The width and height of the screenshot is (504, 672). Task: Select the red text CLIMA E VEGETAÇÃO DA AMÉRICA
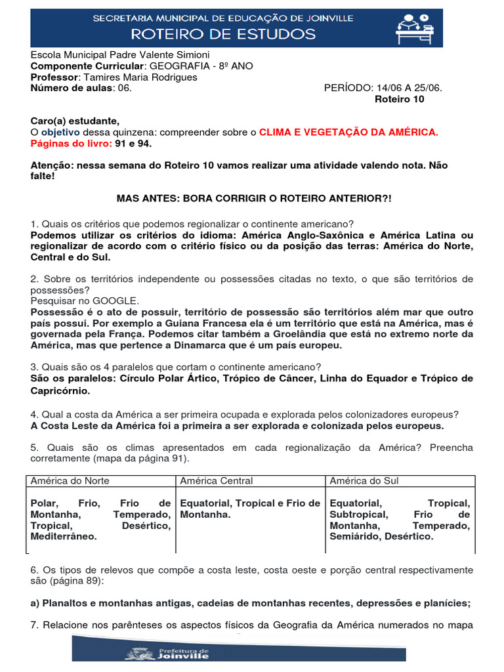coord(348,133)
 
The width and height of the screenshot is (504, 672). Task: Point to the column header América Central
coord(216,480)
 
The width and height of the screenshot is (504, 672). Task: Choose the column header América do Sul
coord(364,480)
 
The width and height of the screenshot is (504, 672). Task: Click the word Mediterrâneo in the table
coord(64,536)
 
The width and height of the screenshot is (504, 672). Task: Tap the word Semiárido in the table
coord(354,536)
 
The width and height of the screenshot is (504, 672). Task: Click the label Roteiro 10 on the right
coord(399,99)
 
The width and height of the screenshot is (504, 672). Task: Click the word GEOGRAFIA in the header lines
coord(178,66)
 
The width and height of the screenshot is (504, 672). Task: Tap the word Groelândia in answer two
coord(293,333)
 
